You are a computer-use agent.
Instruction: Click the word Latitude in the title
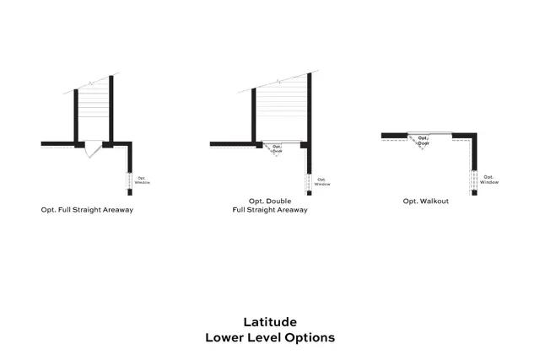(270, 321)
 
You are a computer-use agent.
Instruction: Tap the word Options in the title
(309, 337)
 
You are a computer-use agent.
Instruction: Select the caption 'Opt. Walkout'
(425, 201)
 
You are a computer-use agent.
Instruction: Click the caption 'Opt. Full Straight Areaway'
(87, 209)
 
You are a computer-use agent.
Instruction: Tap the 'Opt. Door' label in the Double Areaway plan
(277, 148)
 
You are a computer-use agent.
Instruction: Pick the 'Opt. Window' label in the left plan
(143, 180)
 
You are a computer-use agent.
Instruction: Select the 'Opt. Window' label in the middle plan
(322, 181)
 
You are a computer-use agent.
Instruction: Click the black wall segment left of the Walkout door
(394, 135)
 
